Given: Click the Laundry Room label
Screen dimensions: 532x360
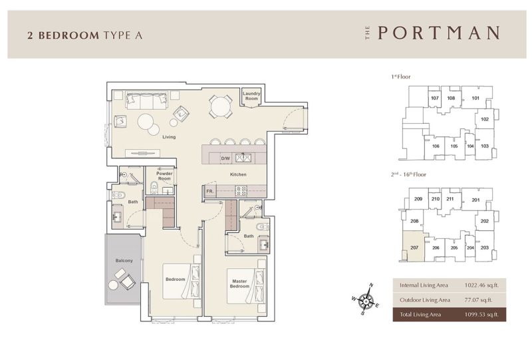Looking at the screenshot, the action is tap(251, 96).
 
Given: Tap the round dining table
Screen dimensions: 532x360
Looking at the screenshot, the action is tap(221, 106).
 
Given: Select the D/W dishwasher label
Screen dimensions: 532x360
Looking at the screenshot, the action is tap(225, 158).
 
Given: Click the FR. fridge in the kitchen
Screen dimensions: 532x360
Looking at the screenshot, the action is tap(210, 191).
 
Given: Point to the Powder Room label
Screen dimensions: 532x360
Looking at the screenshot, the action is tap(164, 176).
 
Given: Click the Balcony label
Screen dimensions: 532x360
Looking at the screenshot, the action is tap(124, 260).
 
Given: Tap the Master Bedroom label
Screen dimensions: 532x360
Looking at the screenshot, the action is tap(239, 283).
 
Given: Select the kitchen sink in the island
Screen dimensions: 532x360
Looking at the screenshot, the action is tap(243, 158).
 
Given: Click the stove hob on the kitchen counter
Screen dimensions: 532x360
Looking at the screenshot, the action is tap(241, 191).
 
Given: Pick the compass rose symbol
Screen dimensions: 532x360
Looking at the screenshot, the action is tap(366, 299).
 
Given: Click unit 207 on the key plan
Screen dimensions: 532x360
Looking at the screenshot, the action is tap(414, 248).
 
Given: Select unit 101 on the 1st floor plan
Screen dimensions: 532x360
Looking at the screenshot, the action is tap(475, 98).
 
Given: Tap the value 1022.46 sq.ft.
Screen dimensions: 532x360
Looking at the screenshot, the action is tap(481, 285).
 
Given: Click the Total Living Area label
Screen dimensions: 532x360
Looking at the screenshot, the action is tap(420, 315).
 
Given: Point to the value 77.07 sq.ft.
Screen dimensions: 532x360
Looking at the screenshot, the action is tap(478, 300).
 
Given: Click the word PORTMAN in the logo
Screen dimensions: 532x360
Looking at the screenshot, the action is tap(439, 33).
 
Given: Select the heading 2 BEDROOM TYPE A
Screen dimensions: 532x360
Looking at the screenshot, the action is tap(85, 35).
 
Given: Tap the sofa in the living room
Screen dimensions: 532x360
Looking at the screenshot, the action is tap(147, 100).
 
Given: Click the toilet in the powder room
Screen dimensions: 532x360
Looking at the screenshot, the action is tap(154, 187).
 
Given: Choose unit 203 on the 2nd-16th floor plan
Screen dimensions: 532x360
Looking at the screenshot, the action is tap(485, 248).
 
